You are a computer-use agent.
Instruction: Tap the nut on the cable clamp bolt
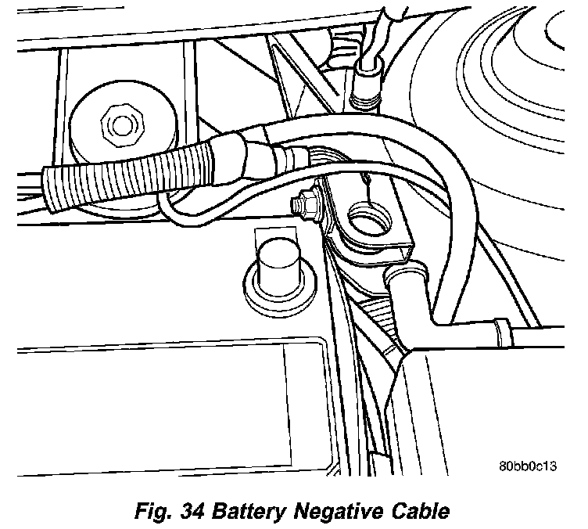click(300, 206)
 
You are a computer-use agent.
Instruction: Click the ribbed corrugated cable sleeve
click(125, 174)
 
